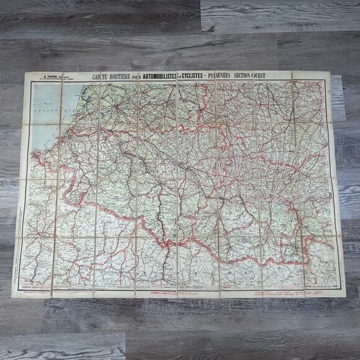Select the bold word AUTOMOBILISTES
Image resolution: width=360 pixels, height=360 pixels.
(x=159, y=75)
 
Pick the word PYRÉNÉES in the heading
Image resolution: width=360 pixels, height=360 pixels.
(x=227, y=75)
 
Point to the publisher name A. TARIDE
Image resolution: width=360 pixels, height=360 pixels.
(x=49, y=77)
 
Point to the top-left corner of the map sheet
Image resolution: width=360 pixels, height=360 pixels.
(x=24, y=73)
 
